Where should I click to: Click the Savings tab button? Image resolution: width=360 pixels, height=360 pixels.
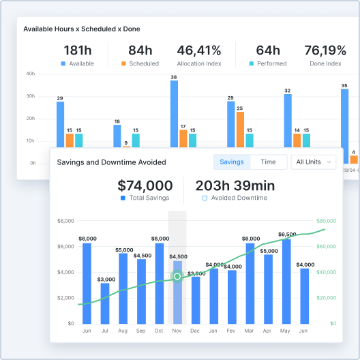click(232, 162)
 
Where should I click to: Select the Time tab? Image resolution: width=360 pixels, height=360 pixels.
click(268, 162)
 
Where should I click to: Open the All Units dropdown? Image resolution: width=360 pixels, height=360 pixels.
click(314, 162)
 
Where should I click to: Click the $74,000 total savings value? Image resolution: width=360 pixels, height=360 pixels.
click(145, 185)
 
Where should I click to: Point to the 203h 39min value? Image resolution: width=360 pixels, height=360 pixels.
click(235, 185)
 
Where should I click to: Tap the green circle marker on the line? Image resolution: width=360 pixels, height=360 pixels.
click(177, 276)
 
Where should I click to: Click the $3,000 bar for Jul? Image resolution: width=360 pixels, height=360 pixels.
click(105, 303)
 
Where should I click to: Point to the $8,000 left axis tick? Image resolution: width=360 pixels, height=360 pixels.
click(65, 221)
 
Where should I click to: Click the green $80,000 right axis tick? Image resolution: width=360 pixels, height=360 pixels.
click(327, 221)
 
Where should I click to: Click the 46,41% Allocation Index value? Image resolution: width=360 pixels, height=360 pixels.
click(199, 50)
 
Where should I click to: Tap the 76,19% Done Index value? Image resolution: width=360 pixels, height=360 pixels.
click(325, 50)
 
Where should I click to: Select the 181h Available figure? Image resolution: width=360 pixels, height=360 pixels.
click(77, 50)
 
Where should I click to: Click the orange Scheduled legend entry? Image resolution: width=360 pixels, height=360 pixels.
click(140, 63)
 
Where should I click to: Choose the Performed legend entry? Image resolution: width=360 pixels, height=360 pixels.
click(268, 63)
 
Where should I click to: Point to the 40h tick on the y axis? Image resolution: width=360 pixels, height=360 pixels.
click(31, 74)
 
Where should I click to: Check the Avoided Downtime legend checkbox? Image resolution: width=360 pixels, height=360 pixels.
click(205, 198)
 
